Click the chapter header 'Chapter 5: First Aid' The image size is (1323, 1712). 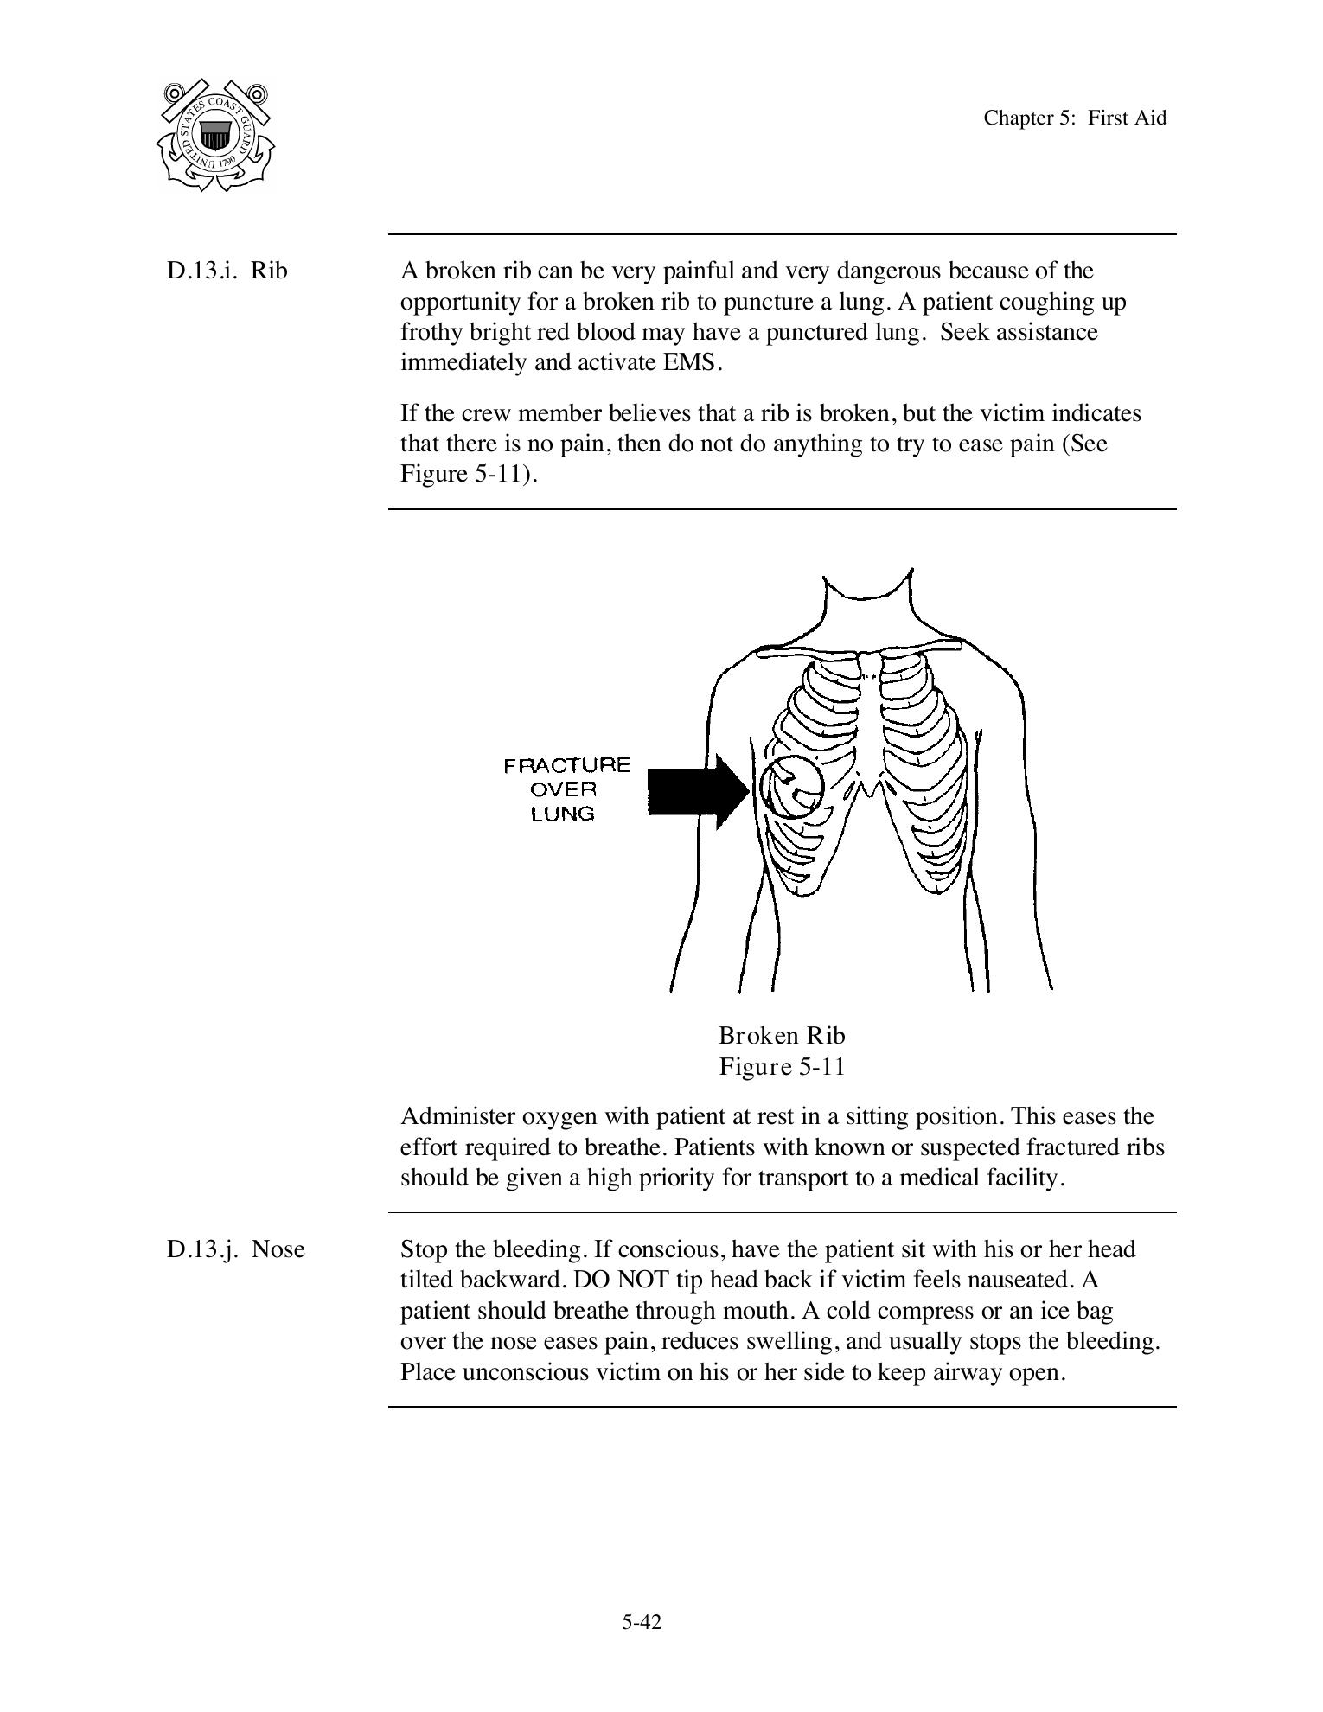pyautogui.click(x=1074, y=118)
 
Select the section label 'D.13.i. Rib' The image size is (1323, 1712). pyautogui.click(x=227, y=271)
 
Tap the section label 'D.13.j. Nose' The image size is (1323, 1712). pyautogui.click(x=236, y=1249)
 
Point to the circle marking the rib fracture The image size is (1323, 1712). pyautogui.click(x=791, y=787)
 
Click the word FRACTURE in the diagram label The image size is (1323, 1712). pyautogui.click(x=566, y=765)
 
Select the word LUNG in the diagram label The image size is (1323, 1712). pyautogui.click(x=562, y=814)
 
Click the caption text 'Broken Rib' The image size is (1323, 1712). pyautogui.click(x=782, y=1035)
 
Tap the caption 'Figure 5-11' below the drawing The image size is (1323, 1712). pyautogui.click(x=782, y=1066)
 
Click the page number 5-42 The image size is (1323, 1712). pyautogui.click(x=642, y=1622)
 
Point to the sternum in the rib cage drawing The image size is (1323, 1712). pyautogui.click(x=870, y=718)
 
